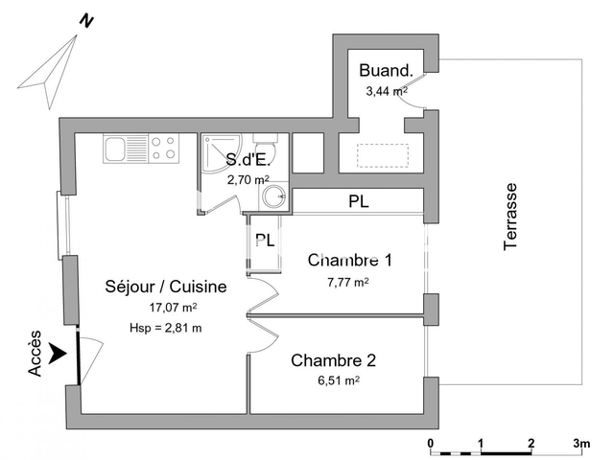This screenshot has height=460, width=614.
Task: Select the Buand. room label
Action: click(386, 70)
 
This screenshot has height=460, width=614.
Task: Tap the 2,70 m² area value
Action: click(248, 179)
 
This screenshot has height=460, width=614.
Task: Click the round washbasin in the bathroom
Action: click(273, 197)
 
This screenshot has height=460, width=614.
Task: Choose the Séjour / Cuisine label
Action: click(165, 287)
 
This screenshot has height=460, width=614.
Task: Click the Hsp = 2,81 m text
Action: click(165, 328)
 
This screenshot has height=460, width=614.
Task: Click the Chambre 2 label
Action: click(333, 361)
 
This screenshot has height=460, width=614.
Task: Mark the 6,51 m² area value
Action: click(340, 380)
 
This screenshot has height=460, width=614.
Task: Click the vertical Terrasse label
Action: click(511, 217)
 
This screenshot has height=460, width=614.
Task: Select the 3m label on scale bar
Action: click(581, 443)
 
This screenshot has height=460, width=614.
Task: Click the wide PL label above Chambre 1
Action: click(358, 202)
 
